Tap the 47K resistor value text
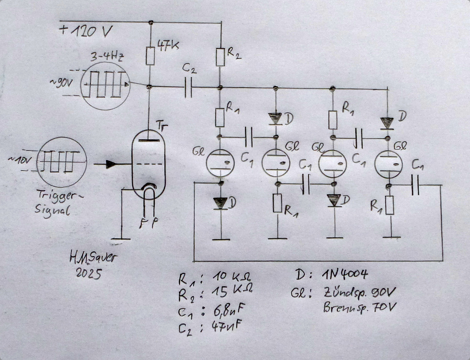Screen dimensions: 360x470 tap(168, 46)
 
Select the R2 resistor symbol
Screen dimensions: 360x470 tap(221, 57)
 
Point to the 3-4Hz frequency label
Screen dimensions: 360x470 tap(109, 57)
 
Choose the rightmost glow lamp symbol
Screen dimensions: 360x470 tap(388, 163)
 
